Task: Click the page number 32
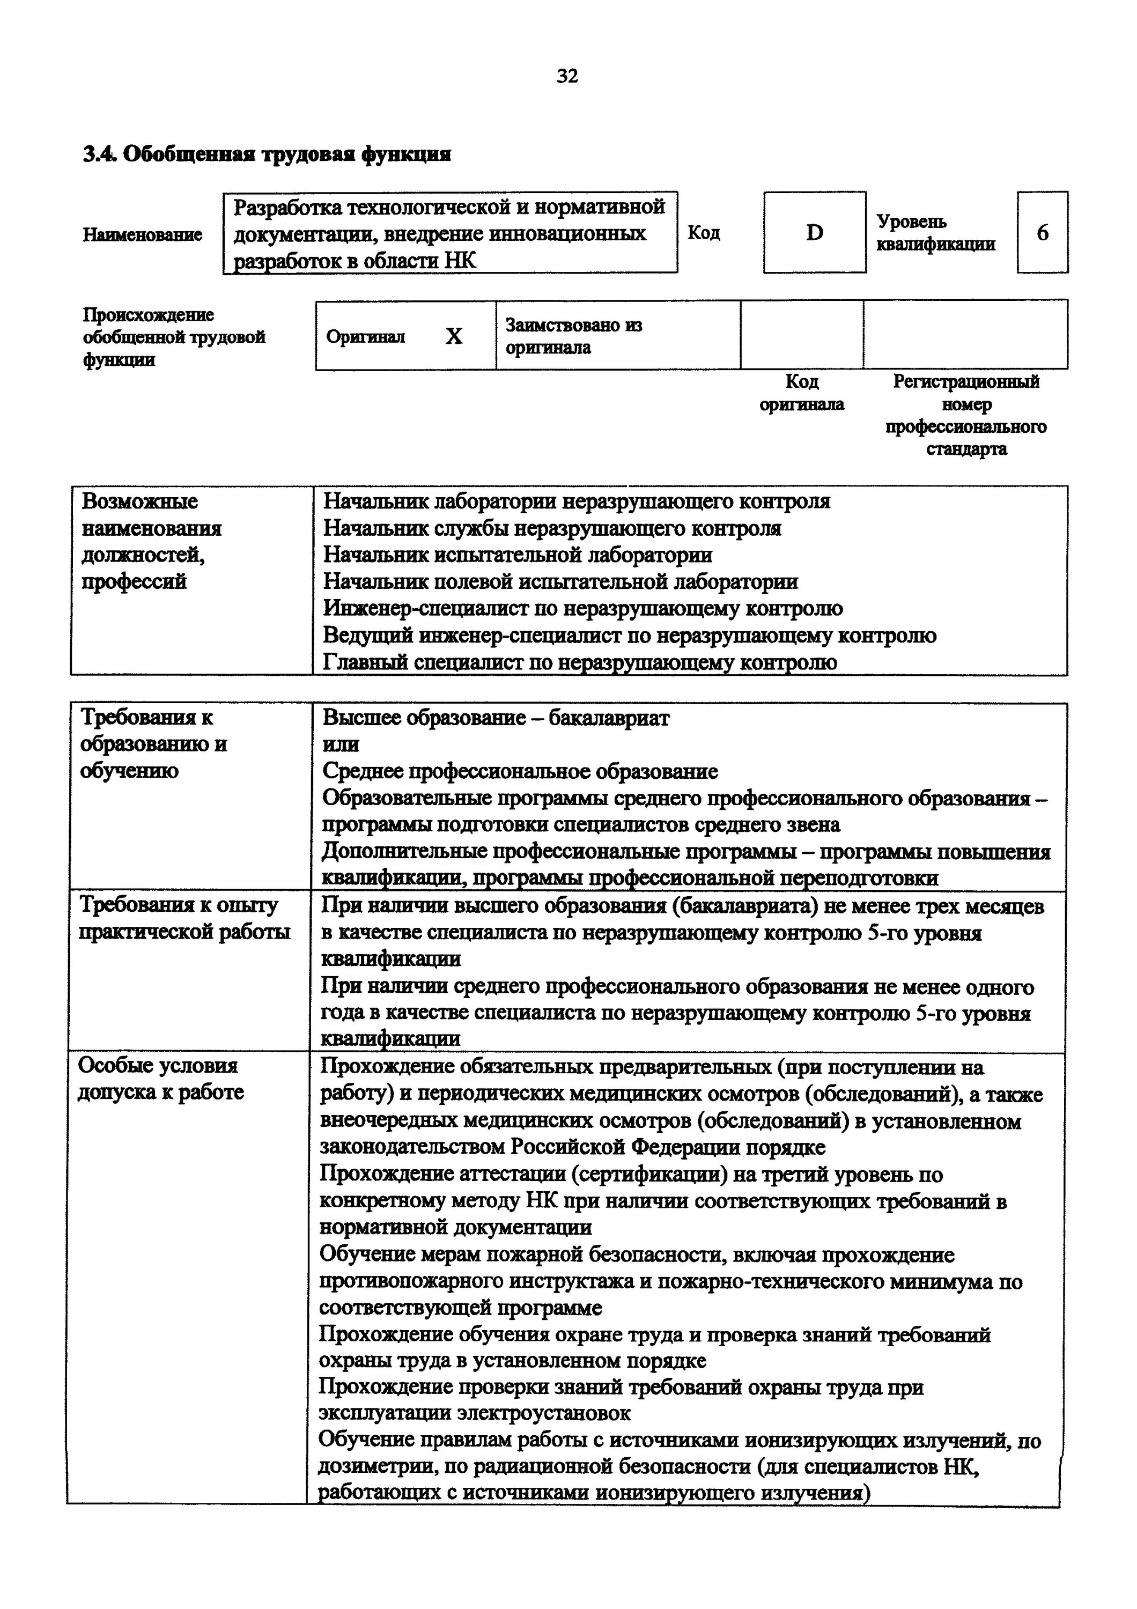point(567,76)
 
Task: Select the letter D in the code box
point(814,233)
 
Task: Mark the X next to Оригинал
point(454,336)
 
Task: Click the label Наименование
point(142,235)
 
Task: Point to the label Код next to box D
point(703,233)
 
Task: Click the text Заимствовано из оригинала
point(574,336)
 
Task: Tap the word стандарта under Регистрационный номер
point(966,449)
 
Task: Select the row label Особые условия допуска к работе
point(160,1079)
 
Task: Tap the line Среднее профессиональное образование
point(520,772)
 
